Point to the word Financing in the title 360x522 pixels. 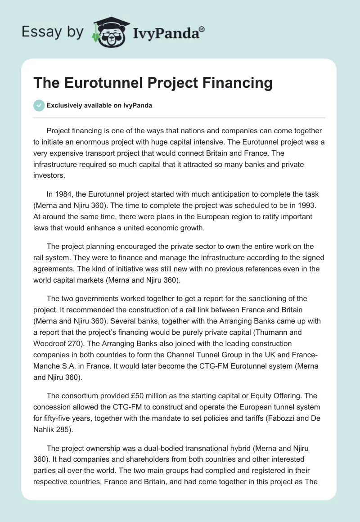click(233, 83)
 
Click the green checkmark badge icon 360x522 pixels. click(39, 105)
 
